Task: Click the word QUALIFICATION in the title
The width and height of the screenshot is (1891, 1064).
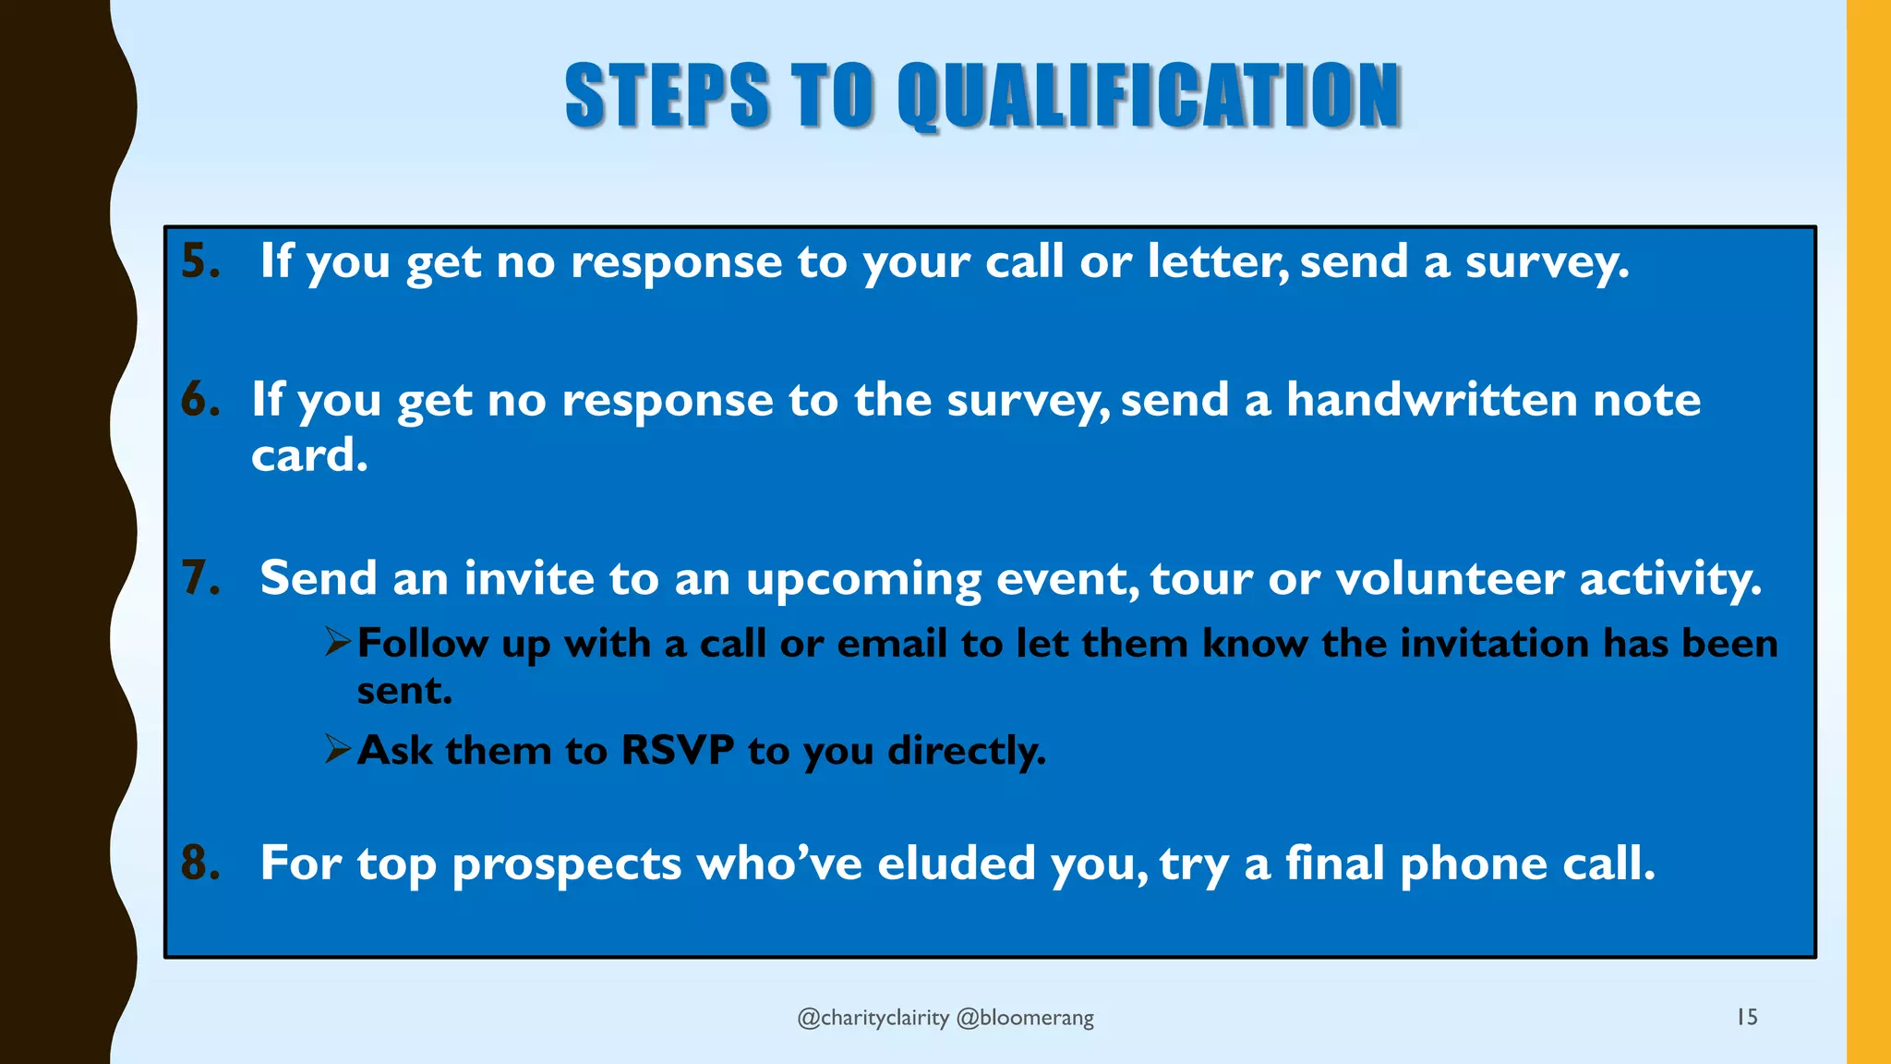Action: pyautogui.click(x=1149, y=96)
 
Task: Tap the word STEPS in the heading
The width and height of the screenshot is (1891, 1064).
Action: pyautogui.click(x=667, y=96)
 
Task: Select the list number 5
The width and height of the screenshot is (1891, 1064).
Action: pyautogui.click(x=199, y=261)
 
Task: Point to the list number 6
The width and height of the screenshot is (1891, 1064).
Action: pyautogui.click(x=199, y=400)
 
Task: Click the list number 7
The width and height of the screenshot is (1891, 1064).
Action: pyautogui.click(x=199, y=579)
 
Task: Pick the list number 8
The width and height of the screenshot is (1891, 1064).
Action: pyautogui.click(x=199, y=864)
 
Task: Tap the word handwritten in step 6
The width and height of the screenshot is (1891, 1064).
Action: pyautogui.click(x=1432, y=400)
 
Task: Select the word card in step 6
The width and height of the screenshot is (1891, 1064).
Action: pyautogui.click(x=308, y=455)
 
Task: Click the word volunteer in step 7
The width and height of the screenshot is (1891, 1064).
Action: pyautogui.click(x=1450, y=579)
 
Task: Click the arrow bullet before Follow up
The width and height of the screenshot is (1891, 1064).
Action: pyautogui.click(x=338, y=641)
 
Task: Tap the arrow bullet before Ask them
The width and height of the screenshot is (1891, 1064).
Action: pyautogui.click(x=338, y=748)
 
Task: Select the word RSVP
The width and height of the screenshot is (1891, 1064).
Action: pyautogui.click(x=678, y=750)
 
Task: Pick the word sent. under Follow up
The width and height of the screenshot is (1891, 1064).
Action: pyautogui.click(x=404, y=691)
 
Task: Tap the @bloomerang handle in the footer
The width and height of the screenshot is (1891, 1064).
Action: pyautogui.click(x=1025, y=1018)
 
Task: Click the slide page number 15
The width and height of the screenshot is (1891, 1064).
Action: pyautogui.click(x=1747, y=1017)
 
